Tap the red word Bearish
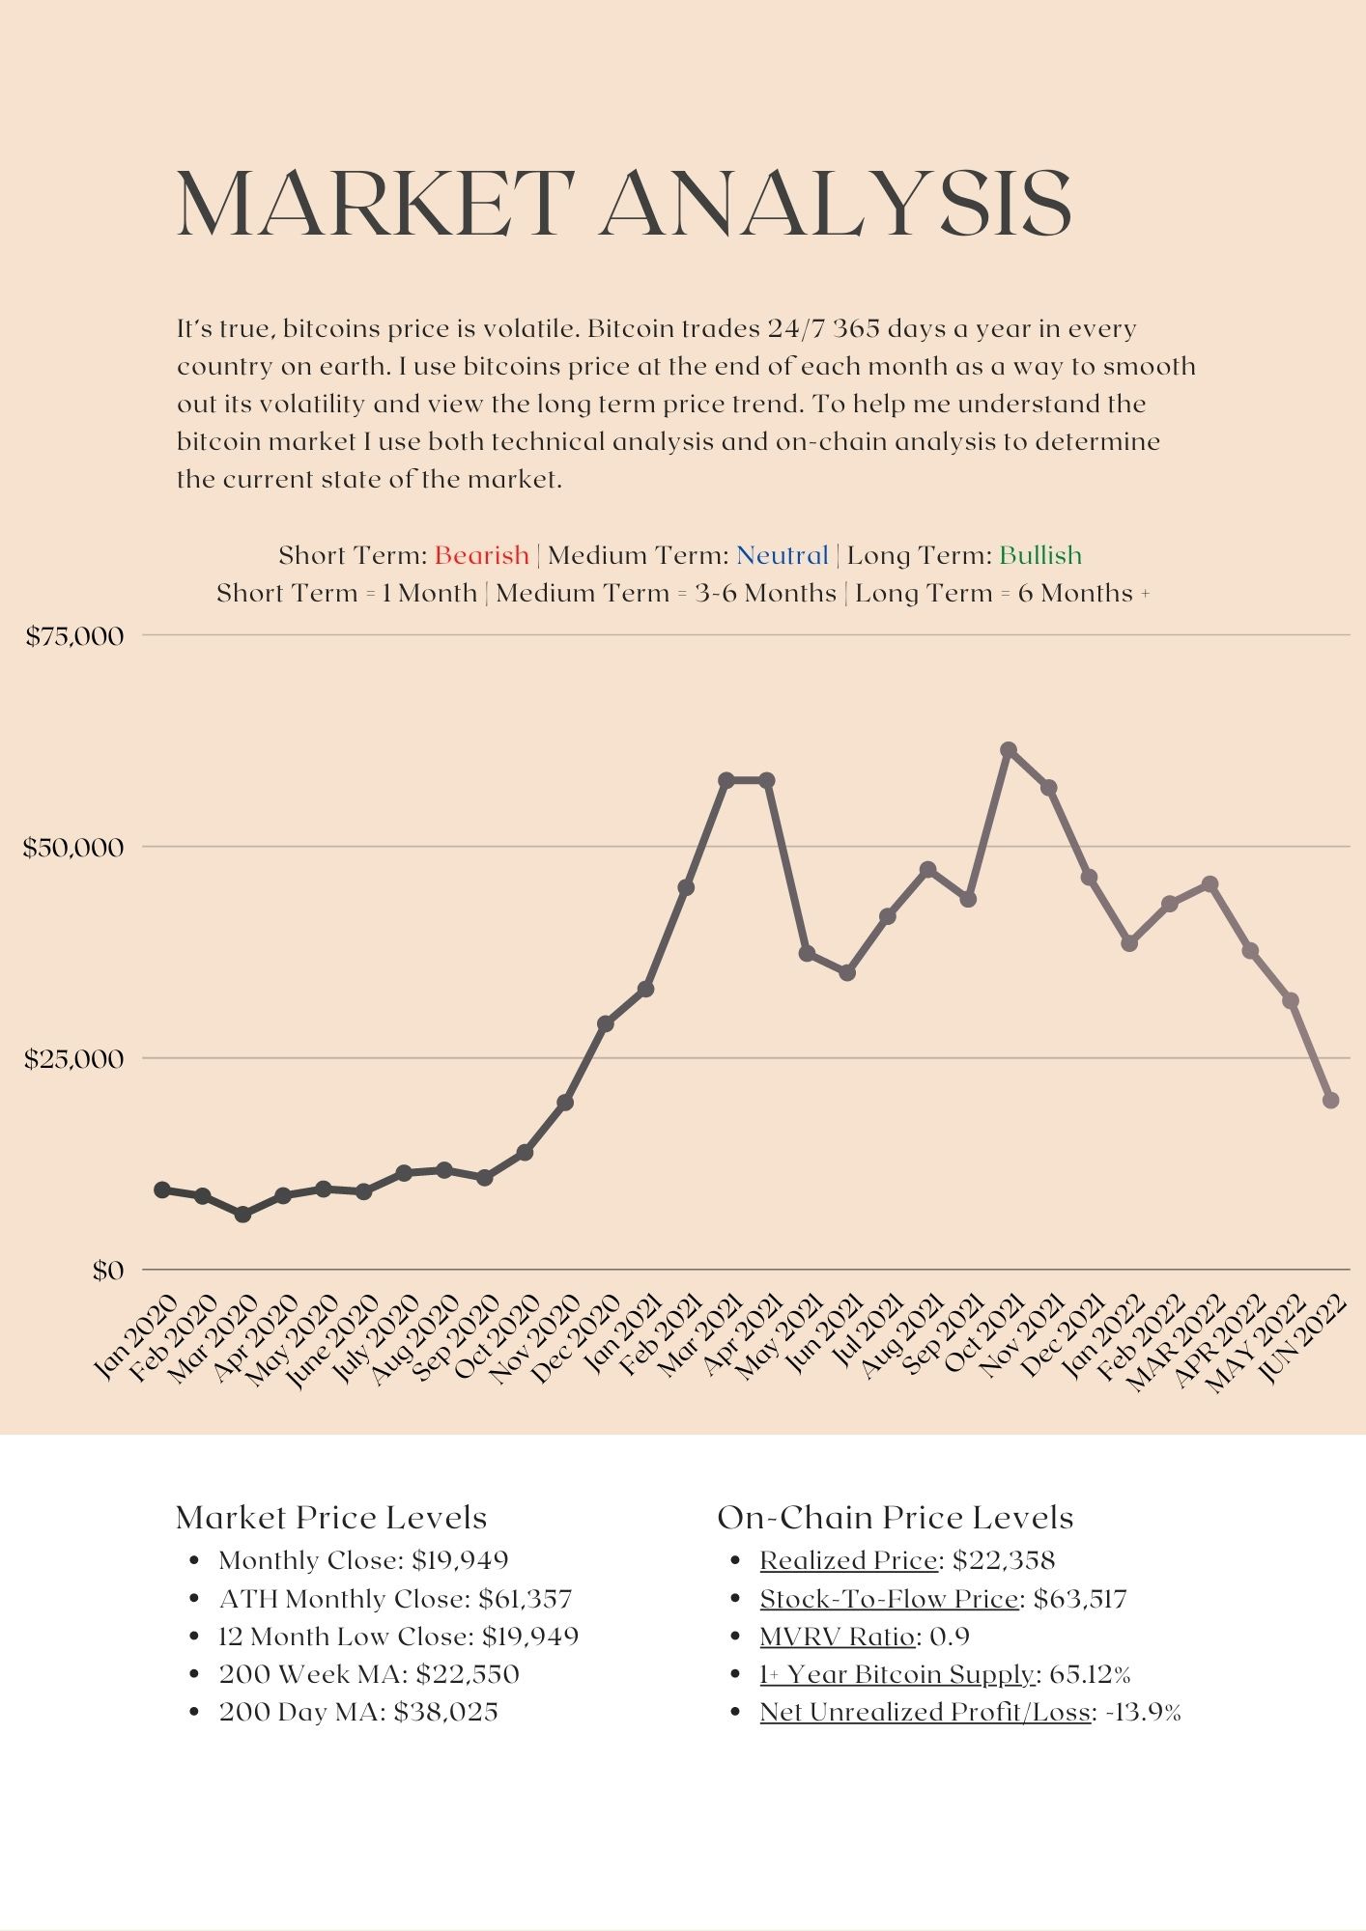click(x=481, y=555)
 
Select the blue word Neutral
click(x=782, y=555)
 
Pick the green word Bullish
click(x=1039, y=555)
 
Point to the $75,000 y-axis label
click(x=75, y=636)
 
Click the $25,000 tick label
click(x=75, y=1059)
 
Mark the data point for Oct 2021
click(x=1009, y=750)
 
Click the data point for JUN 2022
click(x=1330, y=1101)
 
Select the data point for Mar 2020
click(x=242, y=1215)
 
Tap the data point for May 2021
click(x=808, y=954)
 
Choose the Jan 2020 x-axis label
click(x=137, y=1337)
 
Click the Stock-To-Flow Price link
click(x=889, y=1599)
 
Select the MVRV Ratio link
click(x=837, y=1637)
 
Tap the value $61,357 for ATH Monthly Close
click(x=525, y=1599)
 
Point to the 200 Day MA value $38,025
click(x=445, y=1712)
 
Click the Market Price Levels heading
click(x=331, y=1517)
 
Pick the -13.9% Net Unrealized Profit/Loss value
click(x=1143, y=1712)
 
